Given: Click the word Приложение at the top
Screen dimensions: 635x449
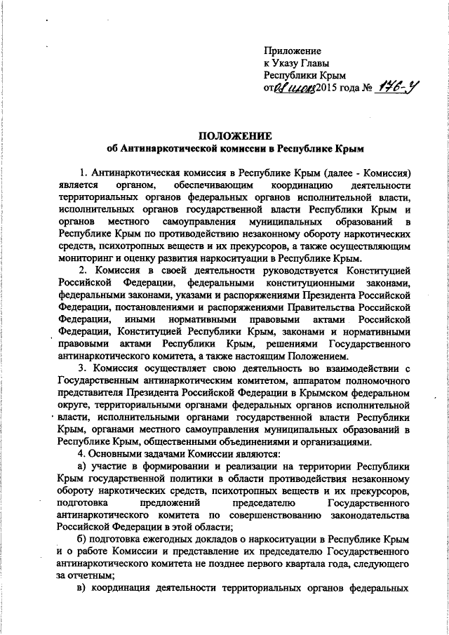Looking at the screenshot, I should pos(292,52).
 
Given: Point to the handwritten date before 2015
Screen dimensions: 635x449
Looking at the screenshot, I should pos(293,88).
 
